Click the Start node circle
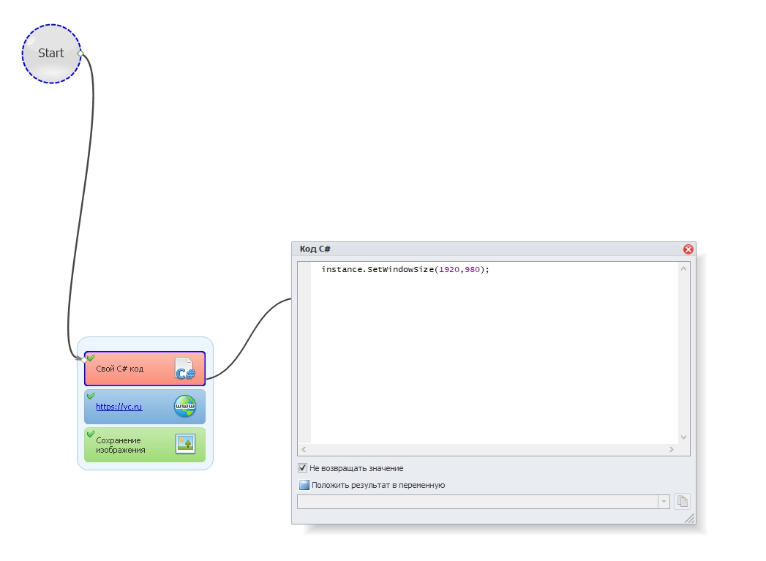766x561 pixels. click(51, 53)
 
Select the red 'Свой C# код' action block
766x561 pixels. click(145, 369)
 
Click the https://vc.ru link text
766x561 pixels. click(119, 406)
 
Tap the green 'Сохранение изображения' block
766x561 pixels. click(145, 445)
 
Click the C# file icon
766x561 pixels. click(185, 369)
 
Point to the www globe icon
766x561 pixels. click(185, 406)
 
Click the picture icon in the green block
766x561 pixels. click(185, 444)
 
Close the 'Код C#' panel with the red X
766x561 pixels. click(688, 249)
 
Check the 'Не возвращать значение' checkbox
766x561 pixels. click(302, 468)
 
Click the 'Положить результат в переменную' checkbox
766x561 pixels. click(304, 485)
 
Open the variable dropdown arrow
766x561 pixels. click(664, 502)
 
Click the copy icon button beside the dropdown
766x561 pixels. click(682, 502)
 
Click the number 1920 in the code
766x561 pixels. click(449, 269)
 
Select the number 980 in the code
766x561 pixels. click(473, 269)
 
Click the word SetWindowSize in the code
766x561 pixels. click(401, 269)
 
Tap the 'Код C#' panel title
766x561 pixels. click(315, 249)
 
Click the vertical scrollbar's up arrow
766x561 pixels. click(684, 268)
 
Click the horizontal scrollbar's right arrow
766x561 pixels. click(671, 449)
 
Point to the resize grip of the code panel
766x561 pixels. click(690, 519)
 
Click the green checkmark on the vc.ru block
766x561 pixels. click(91, 396)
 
